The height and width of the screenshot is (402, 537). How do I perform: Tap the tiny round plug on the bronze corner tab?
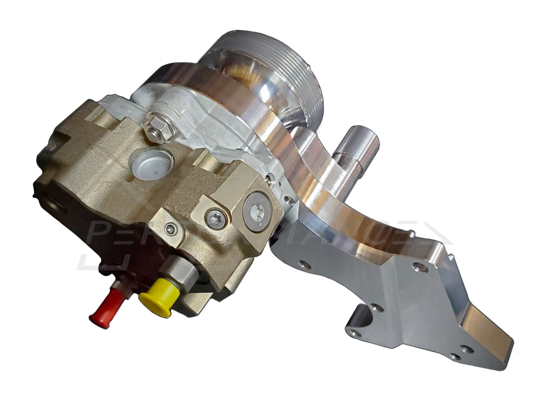point(171,229)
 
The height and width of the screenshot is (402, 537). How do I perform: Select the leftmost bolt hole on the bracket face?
point(304,265)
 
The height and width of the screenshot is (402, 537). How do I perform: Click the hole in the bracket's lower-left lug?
point(353,334)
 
